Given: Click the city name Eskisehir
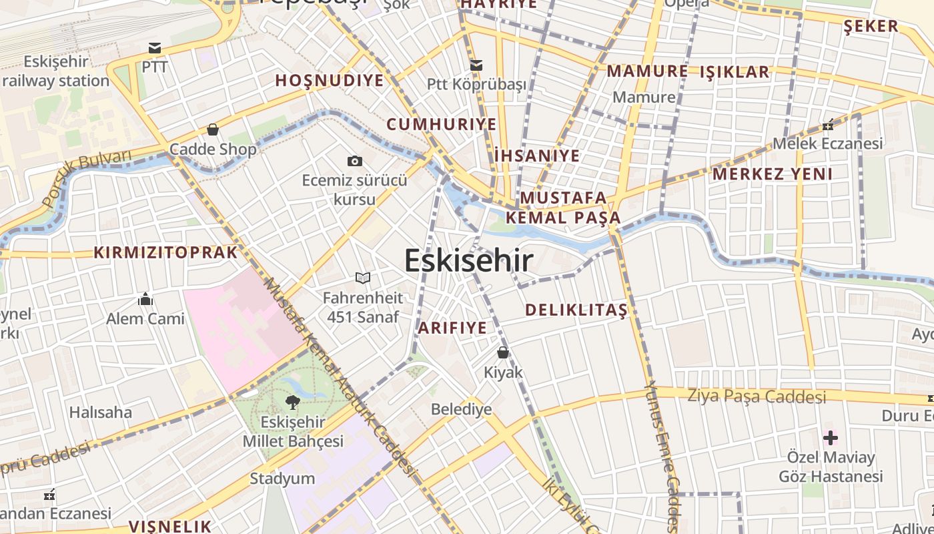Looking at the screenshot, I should coord(469,260).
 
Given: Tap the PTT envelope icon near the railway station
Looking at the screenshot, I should coord(155,48).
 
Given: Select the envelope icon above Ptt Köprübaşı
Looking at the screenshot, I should coord(476,65).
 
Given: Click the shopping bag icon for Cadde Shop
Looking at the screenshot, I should coord(213,129).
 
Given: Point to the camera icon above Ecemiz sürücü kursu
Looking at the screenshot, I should coord(355,161).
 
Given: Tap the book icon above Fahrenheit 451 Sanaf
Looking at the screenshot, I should coord(362,278).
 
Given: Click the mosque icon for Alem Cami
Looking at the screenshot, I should coord(145,299).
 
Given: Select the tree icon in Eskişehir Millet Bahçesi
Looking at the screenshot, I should coord(292,402).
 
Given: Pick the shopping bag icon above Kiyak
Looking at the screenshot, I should coord(503,352).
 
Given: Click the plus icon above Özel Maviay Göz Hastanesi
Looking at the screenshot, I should coord(831,438).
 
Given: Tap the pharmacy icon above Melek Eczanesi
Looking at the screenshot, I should coord(828,125).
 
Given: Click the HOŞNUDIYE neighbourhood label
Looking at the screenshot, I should coord(330,81).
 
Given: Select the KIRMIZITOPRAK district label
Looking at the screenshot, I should coord(165,252).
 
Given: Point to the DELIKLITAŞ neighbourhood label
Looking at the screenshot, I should coord(576,310).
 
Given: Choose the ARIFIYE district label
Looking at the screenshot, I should coord(452,328).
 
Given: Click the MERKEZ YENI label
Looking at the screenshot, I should coord(773,174).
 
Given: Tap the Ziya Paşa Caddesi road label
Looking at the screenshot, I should coord(757,396).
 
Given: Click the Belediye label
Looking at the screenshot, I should coord(461,409).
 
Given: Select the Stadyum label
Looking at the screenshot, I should coord(282,479).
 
